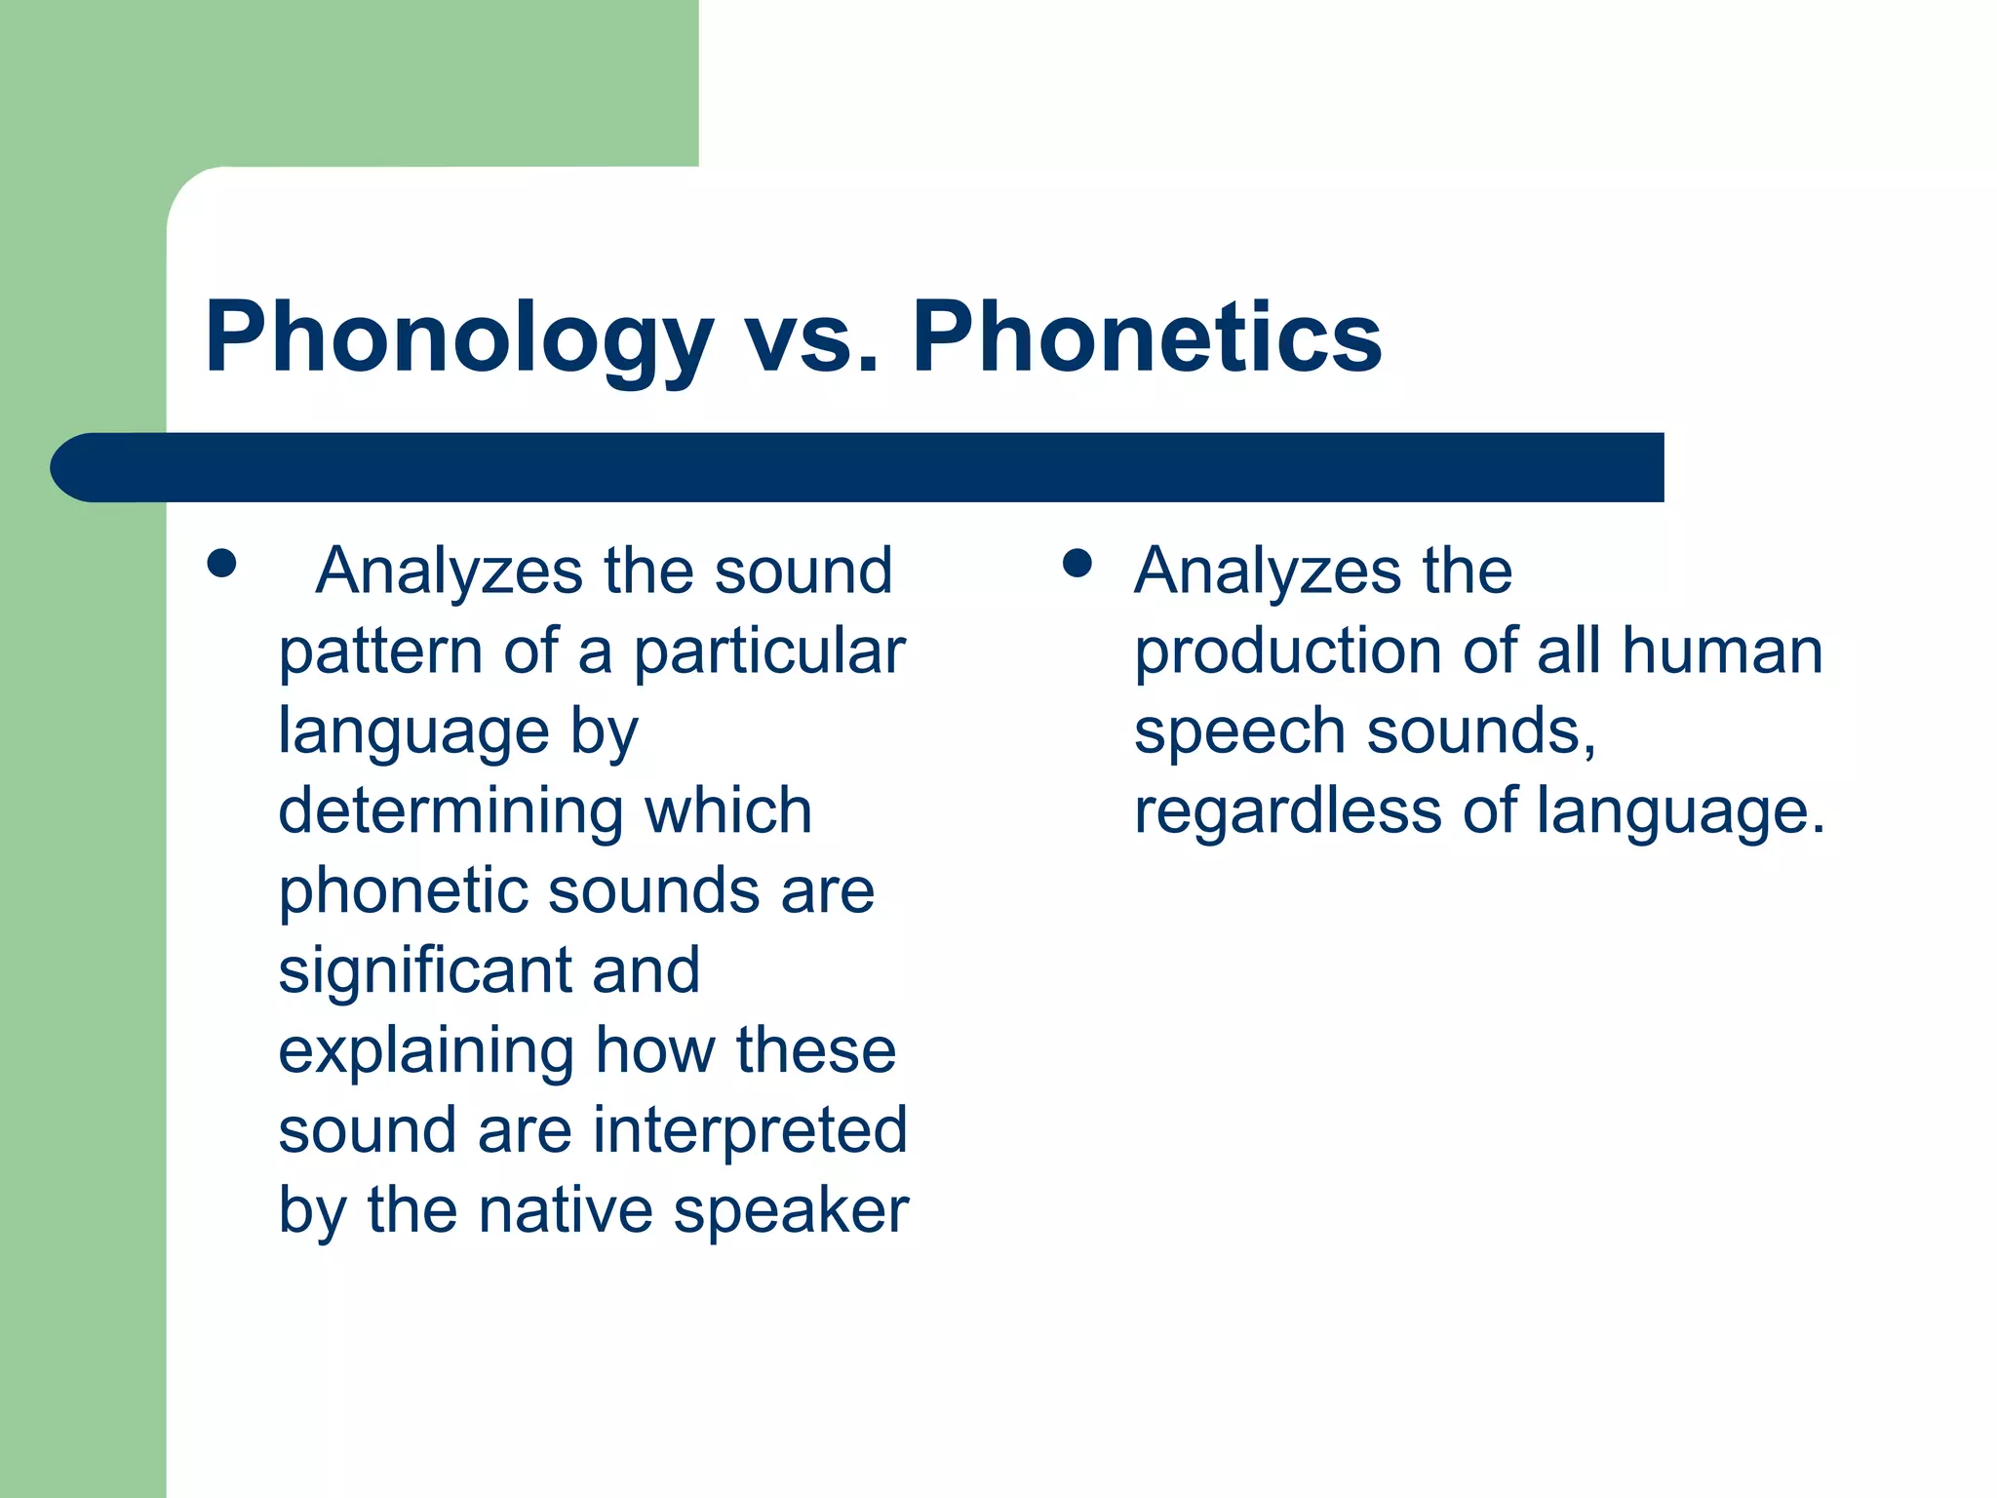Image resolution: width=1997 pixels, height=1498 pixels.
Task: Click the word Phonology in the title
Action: point(458,338)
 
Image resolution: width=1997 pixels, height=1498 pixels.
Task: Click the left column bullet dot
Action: point(222,564)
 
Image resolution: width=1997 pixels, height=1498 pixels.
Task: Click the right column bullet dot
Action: point(1077,564)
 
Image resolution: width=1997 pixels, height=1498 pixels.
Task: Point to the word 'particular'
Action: point(769,652)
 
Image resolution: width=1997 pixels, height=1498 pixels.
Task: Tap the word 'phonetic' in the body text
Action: point(402,892)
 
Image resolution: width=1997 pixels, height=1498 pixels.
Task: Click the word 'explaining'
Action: point(426,1052)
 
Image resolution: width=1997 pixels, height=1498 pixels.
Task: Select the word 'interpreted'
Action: point(750,1130)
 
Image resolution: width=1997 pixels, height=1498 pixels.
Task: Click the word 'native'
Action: point(565,1210)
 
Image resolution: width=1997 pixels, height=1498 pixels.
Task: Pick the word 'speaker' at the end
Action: point(791,1212)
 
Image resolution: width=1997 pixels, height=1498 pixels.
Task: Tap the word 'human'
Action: point(1722,650)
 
